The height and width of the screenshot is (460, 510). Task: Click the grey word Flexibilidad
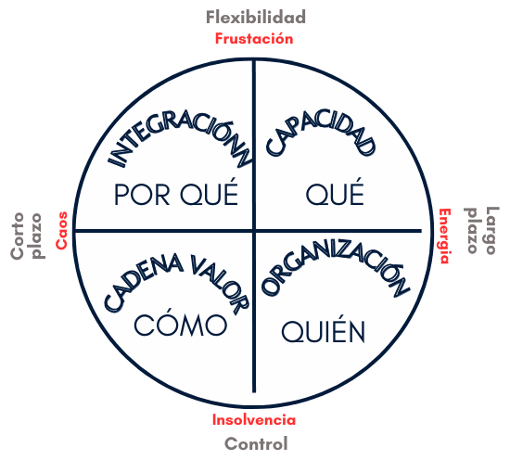[256, 18]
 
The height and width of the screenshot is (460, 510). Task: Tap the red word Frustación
[254, 39]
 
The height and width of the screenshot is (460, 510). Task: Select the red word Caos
[61, 230]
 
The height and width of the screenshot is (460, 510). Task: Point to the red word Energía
[444, 236]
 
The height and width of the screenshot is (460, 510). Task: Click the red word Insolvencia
[254, 420]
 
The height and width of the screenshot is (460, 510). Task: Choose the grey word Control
[256, 443]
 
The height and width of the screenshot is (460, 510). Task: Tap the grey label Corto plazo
[27, 236]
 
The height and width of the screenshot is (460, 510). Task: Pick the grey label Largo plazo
[481, 230]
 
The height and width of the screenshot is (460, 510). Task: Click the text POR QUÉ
[176, 193]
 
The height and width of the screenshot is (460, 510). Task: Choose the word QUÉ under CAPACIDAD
[335, 193]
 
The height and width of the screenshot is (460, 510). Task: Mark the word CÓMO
[181, 324]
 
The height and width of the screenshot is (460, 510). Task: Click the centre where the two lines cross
[254, 231]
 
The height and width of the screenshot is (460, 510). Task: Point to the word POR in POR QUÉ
[142, 195]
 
